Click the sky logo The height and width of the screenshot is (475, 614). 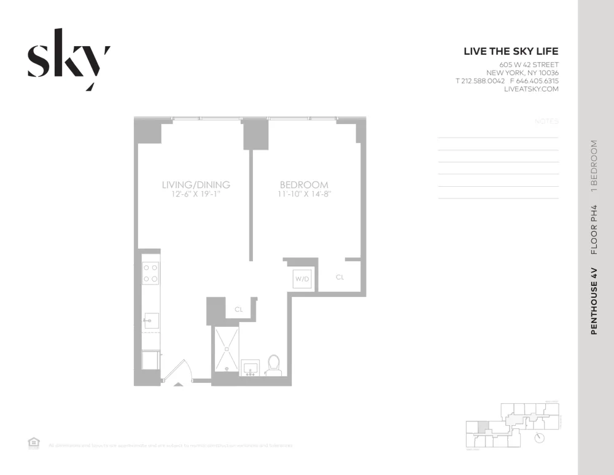[68, 60]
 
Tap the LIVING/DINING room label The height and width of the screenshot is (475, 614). [196, 184]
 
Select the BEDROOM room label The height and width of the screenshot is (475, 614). [304, 184]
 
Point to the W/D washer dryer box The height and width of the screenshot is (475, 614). [303, 280]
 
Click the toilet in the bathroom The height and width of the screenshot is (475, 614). [274, 364]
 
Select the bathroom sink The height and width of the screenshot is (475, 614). [251, 367]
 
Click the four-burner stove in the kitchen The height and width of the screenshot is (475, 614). [150, 272]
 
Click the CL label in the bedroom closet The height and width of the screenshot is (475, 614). [340, 278]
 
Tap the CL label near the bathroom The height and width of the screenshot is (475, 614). [239, 310]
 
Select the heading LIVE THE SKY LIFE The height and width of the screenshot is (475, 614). [511, 52]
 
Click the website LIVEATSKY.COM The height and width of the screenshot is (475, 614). [531, 89]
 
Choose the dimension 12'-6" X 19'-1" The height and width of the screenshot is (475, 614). [196, 194]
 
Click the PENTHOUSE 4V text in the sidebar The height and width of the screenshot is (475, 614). [594, 300]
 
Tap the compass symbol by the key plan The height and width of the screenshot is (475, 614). [539, 438]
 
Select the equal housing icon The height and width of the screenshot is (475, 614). [34, 443]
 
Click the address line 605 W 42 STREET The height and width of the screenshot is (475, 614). [529, 65]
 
